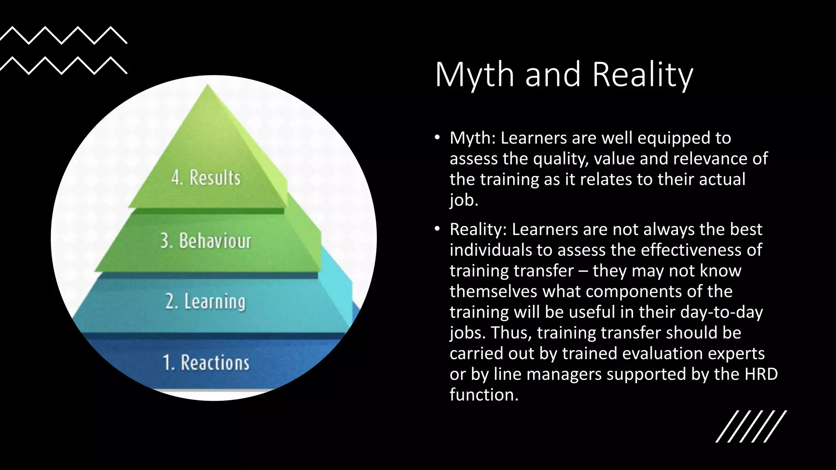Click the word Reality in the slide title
(643, 75)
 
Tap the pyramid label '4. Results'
(206, 178)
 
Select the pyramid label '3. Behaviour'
(206, 241)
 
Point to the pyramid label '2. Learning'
(205, 302)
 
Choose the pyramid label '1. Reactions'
(206, 363)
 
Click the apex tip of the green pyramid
(208, 85)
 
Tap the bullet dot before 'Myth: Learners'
(437, 138)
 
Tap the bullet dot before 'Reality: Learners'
(437, 229)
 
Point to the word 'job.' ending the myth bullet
(463, 200)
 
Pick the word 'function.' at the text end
(484, 395)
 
